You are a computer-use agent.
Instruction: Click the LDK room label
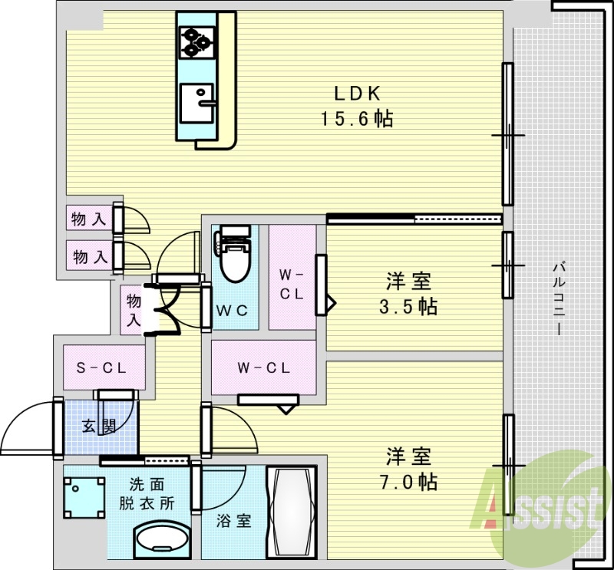point(357,94)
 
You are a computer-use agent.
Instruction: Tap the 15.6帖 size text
point(357,120)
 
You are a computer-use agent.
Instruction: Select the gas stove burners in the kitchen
point(198,41)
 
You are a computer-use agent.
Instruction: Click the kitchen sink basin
point(199,103)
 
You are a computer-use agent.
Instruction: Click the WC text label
point(230,311)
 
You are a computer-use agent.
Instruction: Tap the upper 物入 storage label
point(88,219)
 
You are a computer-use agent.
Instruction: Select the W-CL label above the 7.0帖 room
point(262,367)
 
